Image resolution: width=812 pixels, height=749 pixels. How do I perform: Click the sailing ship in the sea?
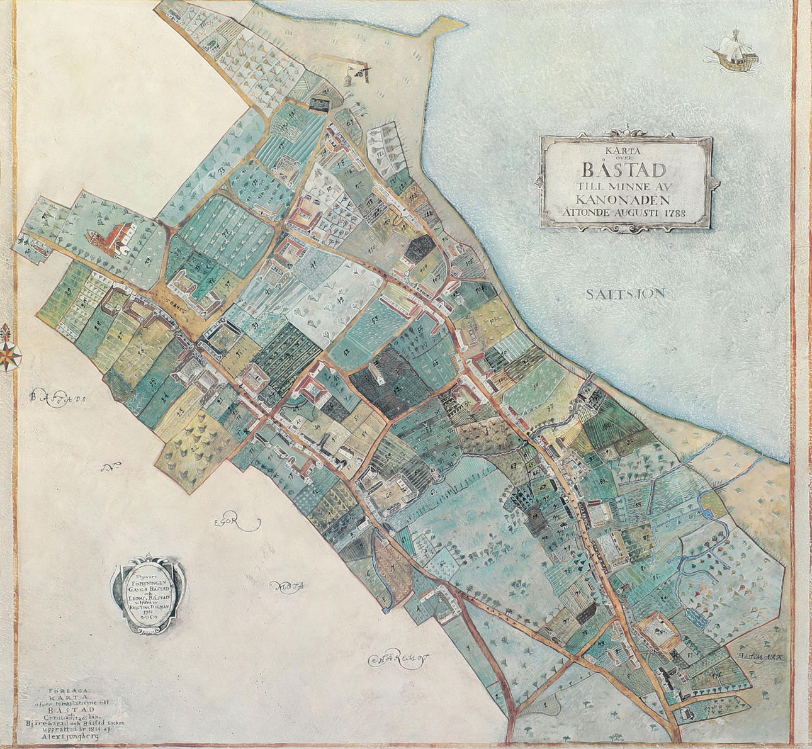733,52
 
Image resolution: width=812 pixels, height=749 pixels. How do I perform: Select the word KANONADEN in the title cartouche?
626,200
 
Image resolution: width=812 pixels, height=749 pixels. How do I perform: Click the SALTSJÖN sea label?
626,294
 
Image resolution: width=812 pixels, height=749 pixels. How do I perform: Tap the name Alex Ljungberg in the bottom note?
72,734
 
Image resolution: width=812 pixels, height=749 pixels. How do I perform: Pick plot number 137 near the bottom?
711,708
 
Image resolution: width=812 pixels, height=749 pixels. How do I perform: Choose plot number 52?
347,350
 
